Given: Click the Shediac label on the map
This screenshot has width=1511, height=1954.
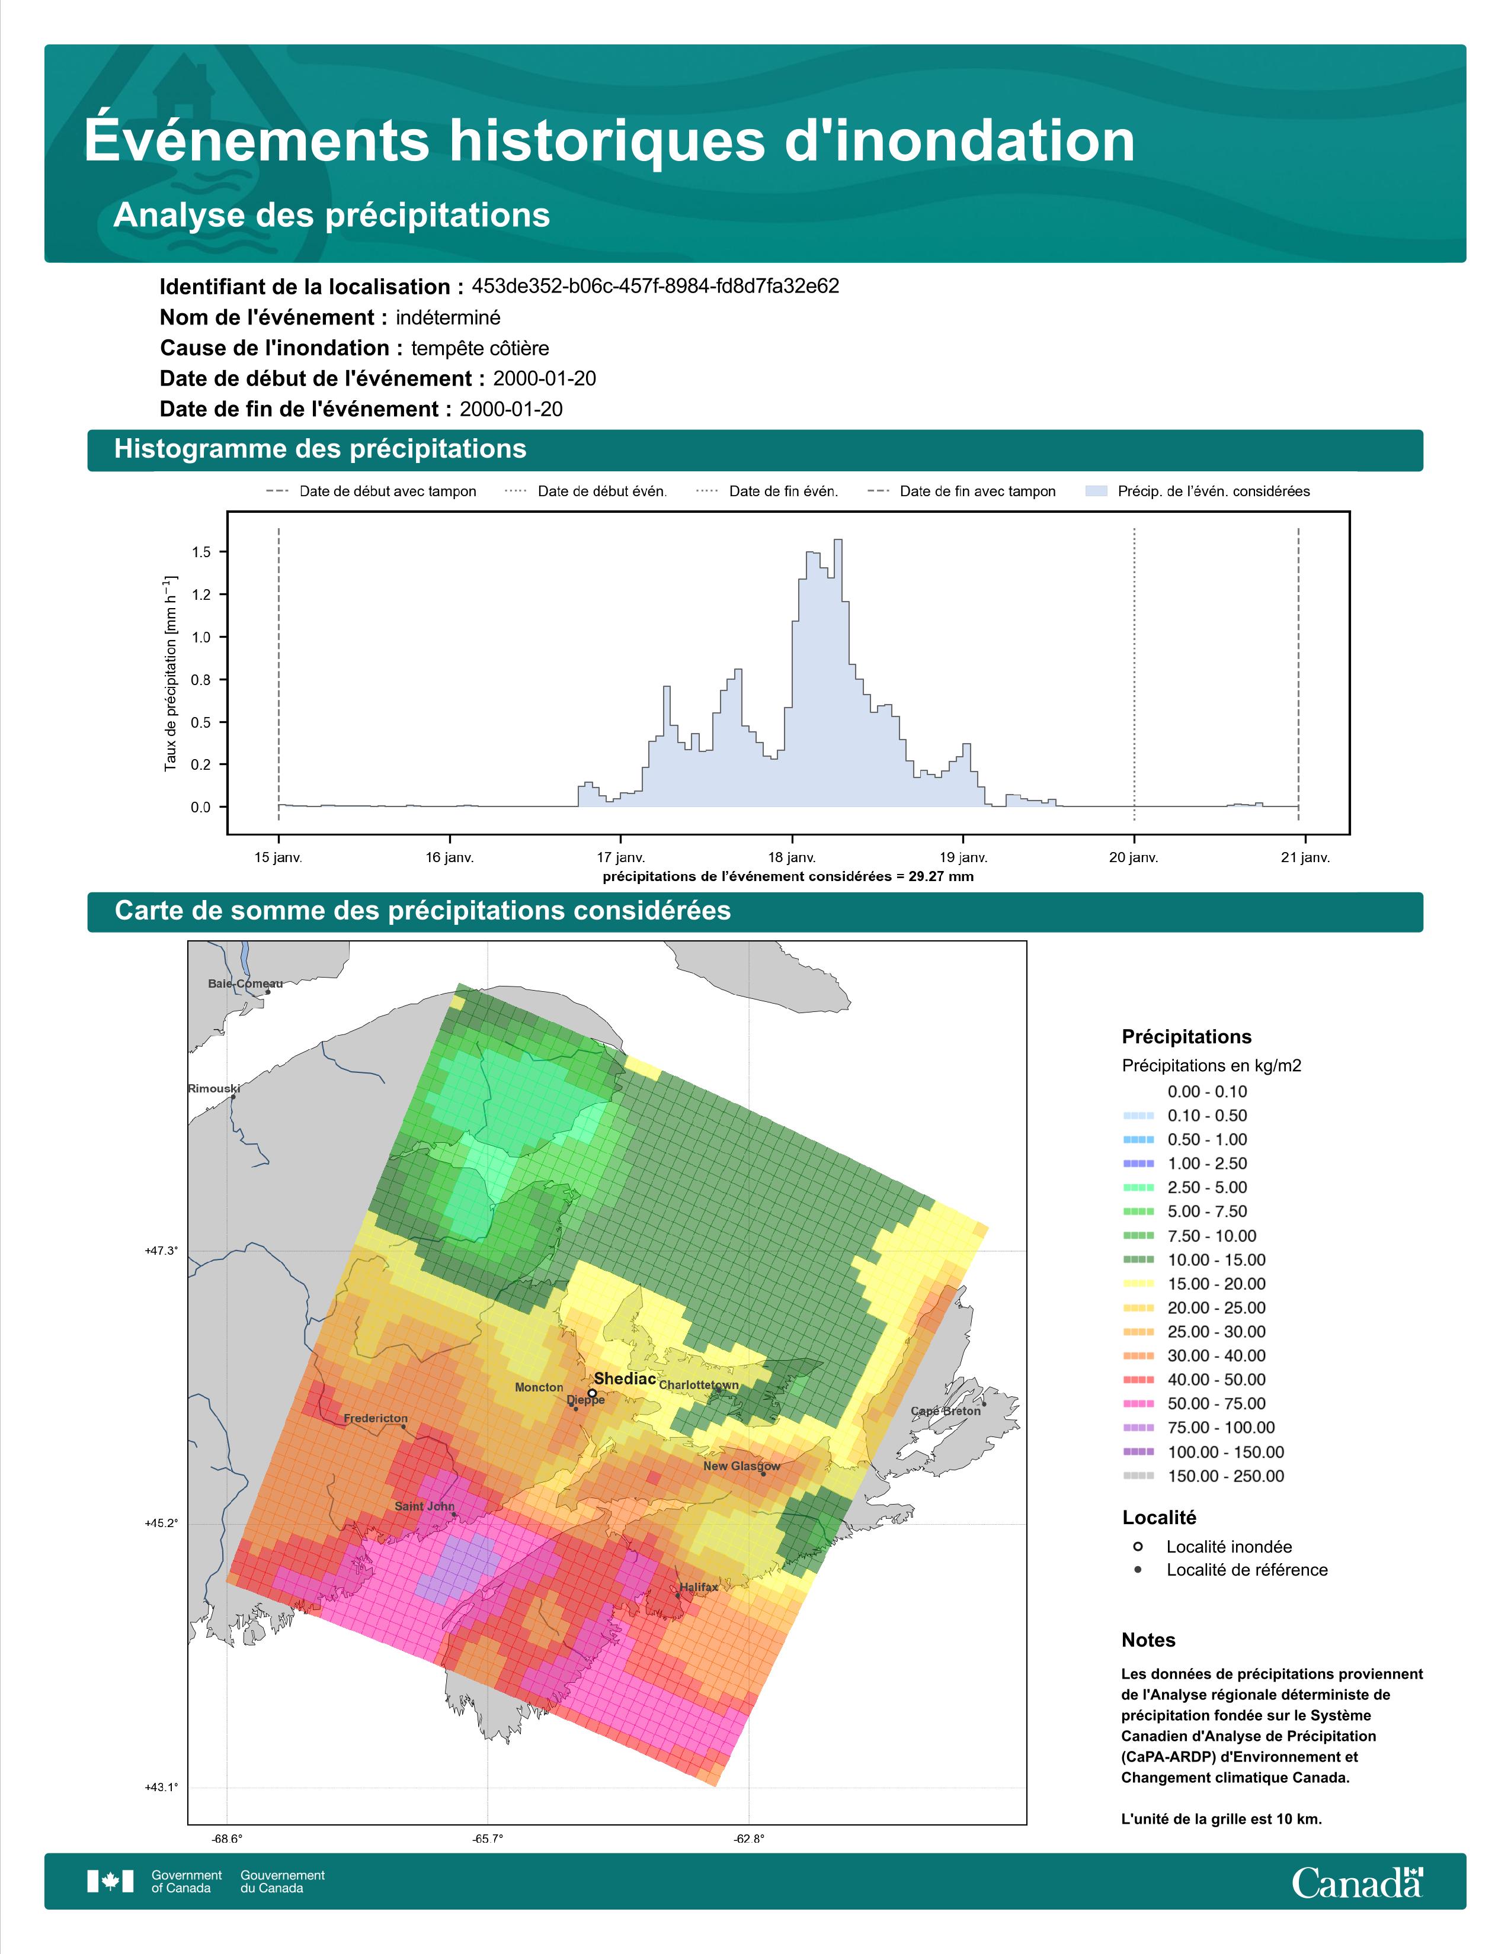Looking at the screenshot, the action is point(625,1378).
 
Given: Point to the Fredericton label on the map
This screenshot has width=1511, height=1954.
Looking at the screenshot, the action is point(375,1418).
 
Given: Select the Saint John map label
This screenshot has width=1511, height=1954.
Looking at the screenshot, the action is point(424,1506).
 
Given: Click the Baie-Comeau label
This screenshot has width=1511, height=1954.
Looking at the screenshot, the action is point(245,984).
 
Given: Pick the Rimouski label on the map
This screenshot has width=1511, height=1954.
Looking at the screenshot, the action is point(214,1089).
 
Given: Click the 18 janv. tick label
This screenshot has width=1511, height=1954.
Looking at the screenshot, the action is point(791,857).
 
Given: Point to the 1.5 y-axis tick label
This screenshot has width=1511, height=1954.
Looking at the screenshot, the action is point(201,552).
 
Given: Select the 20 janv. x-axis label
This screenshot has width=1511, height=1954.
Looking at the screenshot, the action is point(1133,857).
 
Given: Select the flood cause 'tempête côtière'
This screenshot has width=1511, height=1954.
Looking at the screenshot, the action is point(480,348).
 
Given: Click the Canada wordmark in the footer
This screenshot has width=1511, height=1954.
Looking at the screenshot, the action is point(1357,1882).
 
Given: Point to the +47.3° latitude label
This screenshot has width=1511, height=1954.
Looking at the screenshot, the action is point(161,1251).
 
